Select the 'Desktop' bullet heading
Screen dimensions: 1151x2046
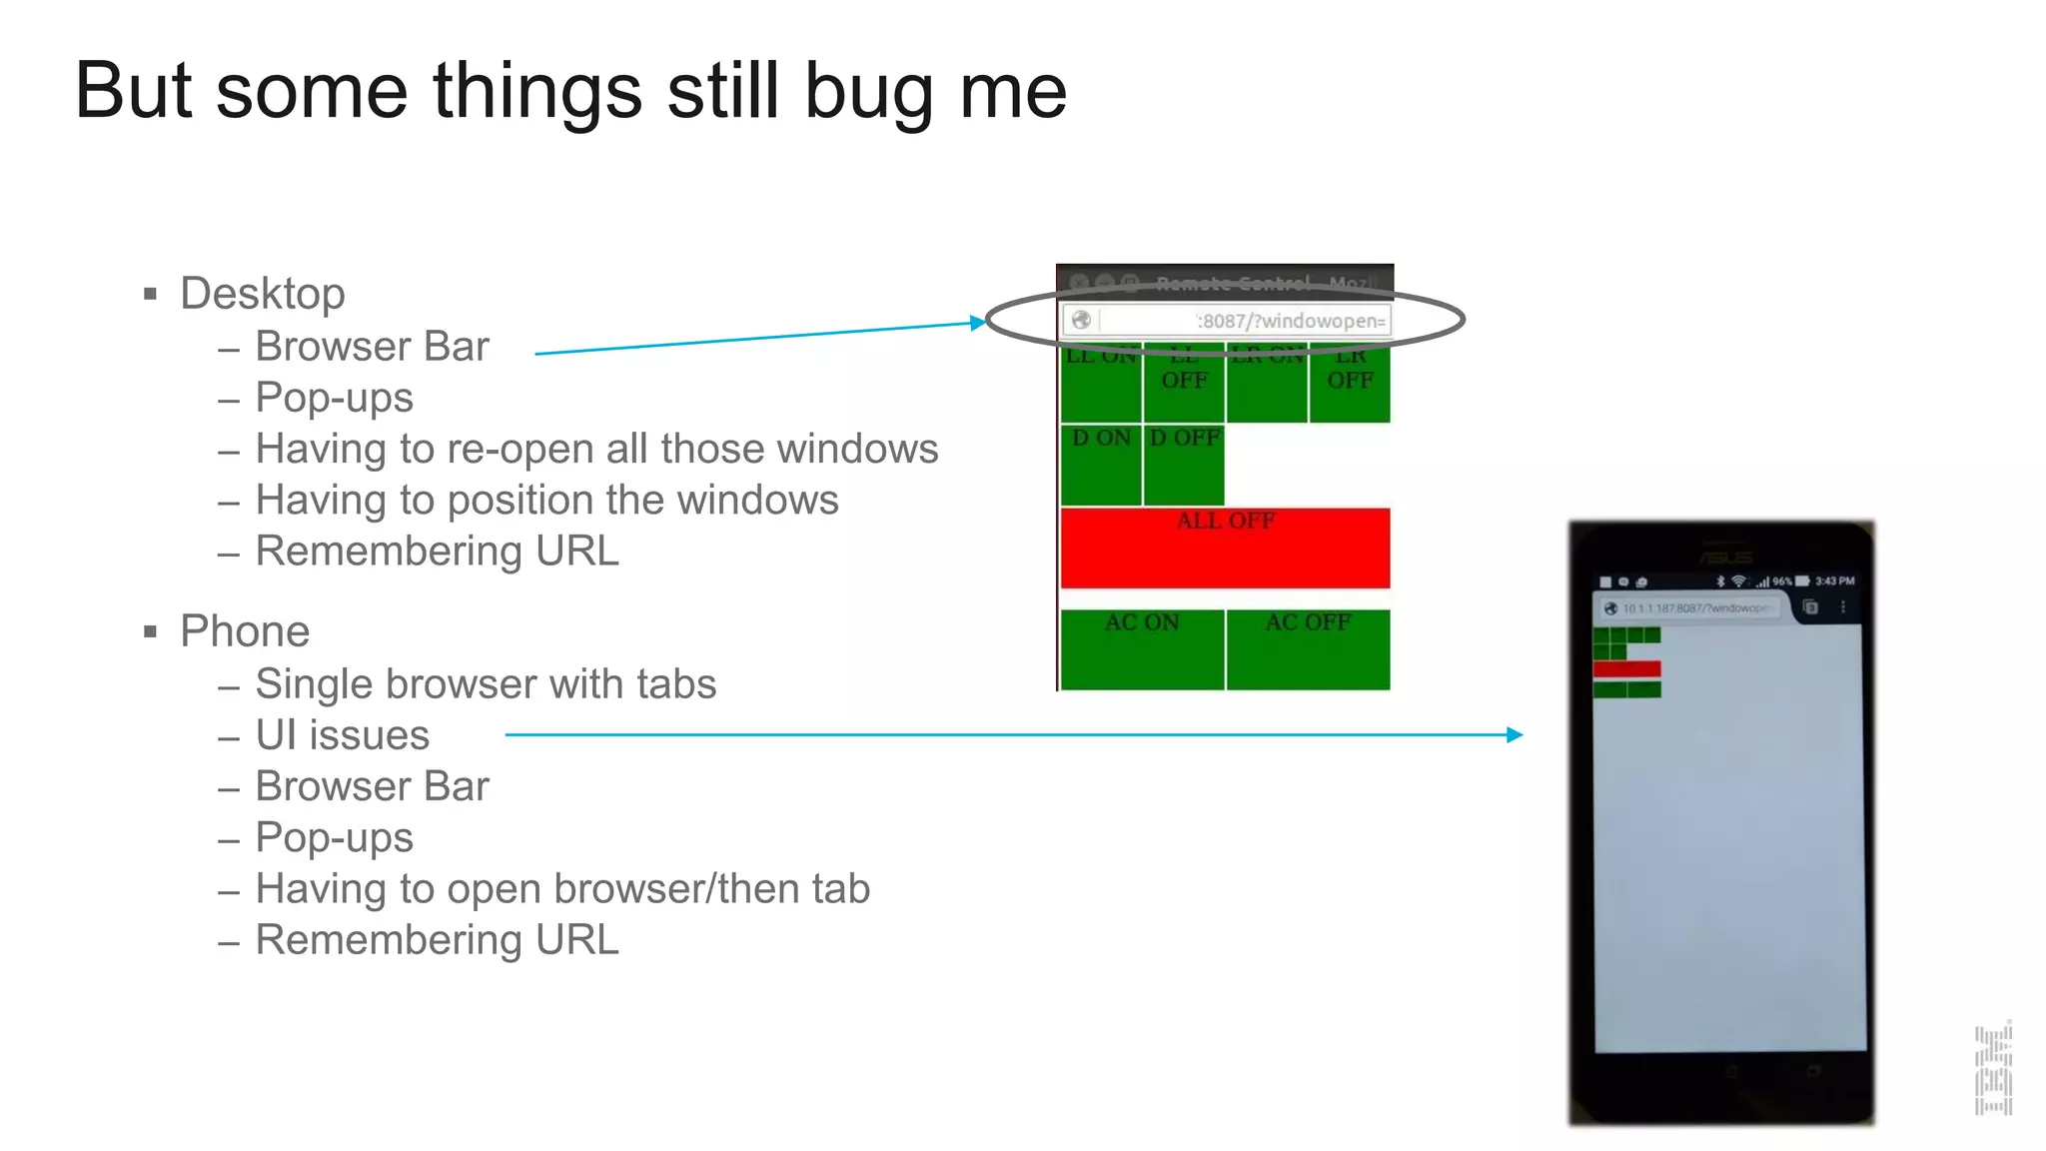pyautogui.click(x=262, y=294)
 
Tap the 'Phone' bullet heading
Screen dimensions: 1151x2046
pyautogui.click(x=245, y=631)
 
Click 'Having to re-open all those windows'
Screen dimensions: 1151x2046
pyautogui.click(x=596, y=449)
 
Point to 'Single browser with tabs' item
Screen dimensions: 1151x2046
pyautogui.click(x=486, y=684)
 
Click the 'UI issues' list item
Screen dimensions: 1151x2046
pyautogui.click(x=343, y=735)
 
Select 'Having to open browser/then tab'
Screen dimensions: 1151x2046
pyautogui.click(x=562, y=889)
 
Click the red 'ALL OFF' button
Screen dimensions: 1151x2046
pyautogui.click(x=1225, y=548)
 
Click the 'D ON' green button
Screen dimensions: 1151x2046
pyautogui.click(x=1101, y=465)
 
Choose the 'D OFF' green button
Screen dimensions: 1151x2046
pyautogui.click(x=1184, y=465)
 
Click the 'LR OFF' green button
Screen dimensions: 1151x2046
pyautogui.click(x=1350, y=383)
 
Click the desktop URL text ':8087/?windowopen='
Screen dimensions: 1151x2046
pyautogui.click(x=1291, y=321)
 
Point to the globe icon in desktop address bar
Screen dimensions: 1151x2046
pyautogui.click(x=1081, y=320)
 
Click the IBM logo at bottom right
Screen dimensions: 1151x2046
pyautogui.click(x=1993, y=1069)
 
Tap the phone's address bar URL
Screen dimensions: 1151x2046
pyautogui.click(x=1696, y=607)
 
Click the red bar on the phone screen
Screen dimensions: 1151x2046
pyautogui.click(x=1626, y=669)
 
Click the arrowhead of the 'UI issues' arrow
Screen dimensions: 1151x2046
pyautogui.click(x=1516, y=734)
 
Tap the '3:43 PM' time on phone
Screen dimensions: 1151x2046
pyautogui.click(x=1834, y=580)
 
